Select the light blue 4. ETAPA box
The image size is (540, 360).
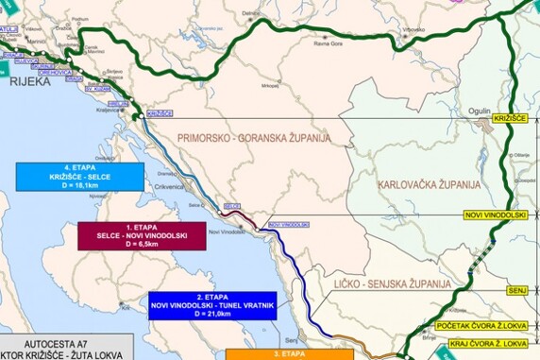click(x=80, y=177)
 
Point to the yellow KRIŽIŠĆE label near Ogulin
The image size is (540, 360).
click(x=511, y=118)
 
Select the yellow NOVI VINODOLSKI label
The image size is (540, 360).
click(x=495, y=215)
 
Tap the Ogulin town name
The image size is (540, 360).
click(x=480, y=110)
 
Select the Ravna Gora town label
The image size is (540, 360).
click(x=328, y=43)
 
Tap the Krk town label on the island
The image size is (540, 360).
click(x=125, y=308)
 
